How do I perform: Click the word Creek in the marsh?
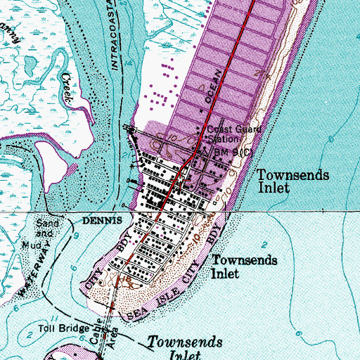coord(67,87)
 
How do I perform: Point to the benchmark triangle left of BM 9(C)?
coord(205,150)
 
